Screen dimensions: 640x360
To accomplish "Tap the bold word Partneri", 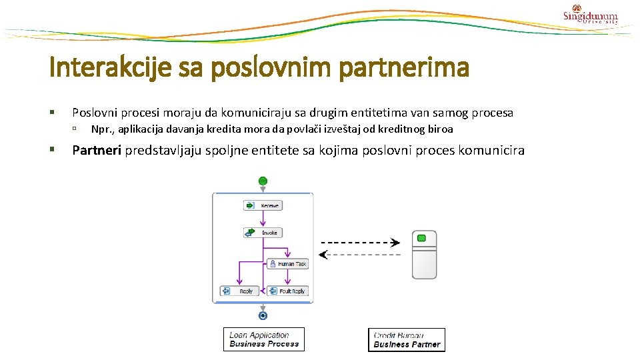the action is (97, 150).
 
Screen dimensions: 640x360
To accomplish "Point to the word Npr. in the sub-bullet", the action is (101, 129).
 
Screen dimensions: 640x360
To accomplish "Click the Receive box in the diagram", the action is (263, 206).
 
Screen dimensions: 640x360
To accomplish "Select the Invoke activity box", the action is (263, 233).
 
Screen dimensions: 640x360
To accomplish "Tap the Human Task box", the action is (287, 264).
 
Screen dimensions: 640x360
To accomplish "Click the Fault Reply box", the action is (287, 291).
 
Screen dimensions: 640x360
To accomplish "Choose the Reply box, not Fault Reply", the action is (239, 291).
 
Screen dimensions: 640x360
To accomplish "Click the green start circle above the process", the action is (263, 181).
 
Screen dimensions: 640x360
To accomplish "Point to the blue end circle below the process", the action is (263, 315).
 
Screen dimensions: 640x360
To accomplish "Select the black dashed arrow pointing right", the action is (360, 242).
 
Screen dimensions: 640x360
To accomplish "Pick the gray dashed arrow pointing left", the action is (360, 254).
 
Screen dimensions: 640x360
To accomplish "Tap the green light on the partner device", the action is (421, 238).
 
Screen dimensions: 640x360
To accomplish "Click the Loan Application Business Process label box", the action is (264, 339).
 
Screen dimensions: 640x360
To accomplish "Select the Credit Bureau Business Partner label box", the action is (407, 340).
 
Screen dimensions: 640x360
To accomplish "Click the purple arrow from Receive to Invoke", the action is (263, 219).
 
